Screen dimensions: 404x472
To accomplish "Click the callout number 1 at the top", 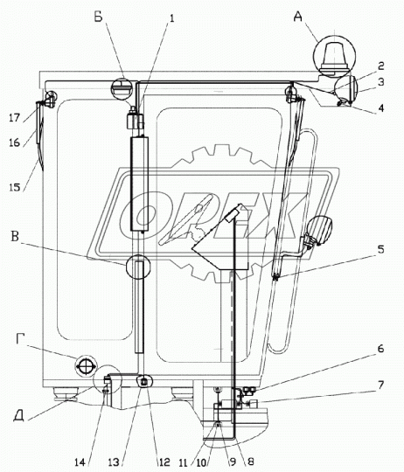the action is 171,18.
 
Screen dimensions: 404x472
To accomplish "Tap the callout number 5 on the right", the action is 380,249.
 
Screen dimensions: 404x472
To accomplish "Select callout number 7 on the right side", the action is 380,385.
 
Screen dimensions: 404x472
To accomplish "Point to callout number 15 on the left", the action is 15,187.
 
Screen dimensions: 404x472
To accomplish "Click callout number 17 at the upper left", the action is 14,118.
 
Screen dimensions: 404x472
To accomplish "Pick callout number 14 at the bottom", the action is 80,462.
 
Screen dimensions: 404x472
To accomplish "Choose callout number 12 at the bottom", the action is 164,462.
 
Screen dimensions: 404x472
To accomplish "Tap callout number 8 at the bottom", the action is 250,462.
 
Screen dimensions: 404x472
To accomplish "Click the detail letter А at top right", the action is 297,17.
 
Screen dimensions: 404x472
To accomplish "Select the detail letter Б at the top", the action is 99,17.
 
